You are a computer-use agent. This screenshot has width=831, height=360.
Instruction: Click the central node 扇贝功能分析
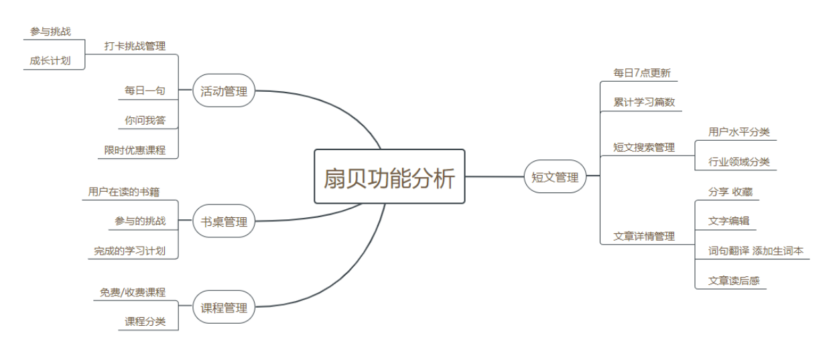(389, 177)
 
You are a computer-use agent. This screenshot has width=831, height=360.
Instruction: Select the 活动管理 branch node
(224, 92)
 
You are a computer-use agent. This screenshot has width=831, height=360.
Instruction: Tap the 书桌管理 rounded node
(224, 222)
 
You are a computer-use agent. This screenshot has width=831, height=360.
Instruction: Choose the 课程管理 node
(224, 308)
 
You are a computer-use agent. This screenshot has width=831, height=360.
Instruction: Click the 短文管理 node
(555, 177)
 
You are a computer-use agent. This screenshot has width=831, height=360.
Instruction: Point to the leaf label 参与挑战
(50, 32)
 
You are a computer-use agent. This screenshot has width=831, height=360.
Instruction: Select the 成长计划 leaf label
(50, 60)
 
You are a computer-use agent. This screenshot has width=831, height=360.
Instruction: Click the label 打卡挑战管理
(135, 46)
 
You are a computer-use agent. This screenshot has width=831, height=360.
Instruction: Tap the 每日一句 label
(145, 90)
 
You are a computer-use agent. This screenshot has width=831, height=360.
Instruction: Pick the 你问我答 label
(145, 120)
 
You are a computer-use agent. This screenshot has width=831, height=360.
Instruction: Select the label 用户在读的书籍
(124, 192)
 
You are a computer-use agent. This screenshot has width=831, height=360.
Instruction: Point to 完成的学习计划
(129, 251)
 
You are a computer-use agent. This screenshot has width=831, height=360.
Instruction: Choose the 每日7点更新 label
(641, 72)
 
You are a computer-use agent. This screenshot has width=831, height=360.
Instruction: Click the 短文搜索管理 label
(644, 147)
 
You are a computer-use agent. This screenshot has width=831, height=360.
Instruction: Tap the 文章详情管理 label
(644, 236)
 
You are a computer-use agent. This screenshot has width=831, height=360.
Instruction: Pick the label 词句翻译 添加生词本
(755, 251)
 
